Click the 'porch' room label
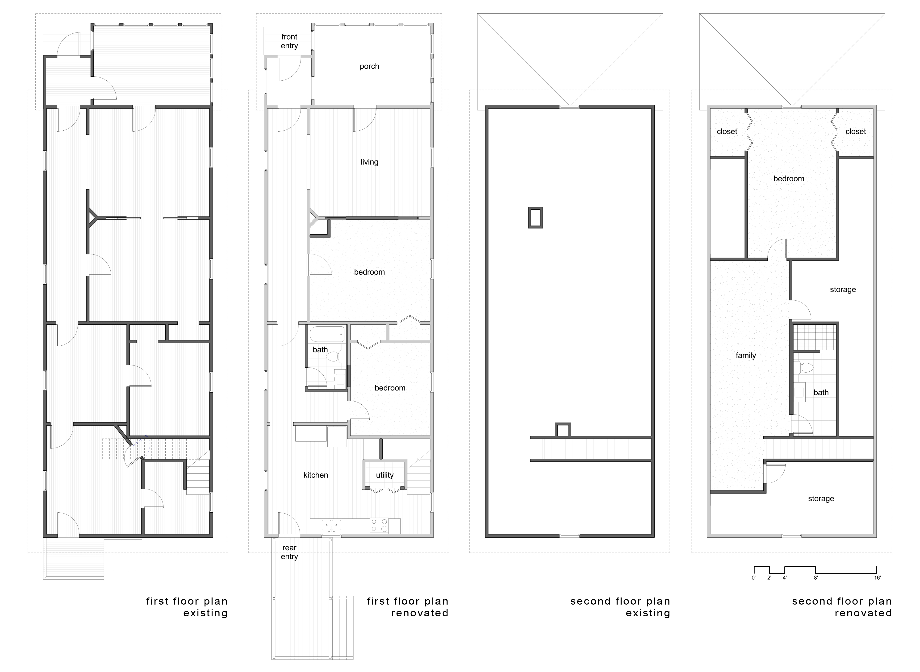click(x=369, y=66)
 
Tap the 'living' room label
click(x=369, y=162)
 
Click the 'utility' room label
click(x=385, y=475)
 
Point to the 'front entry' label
click(x=289, y=41)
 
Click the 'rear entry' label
click(x=289, y=552)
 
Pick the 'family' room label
click(x=746, y=356)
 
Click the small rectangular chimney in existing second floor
click(x=535, y=217)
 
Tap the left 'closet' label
click(x=727, y=131)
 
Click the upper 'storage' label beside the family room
click(x=843, y=290)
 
